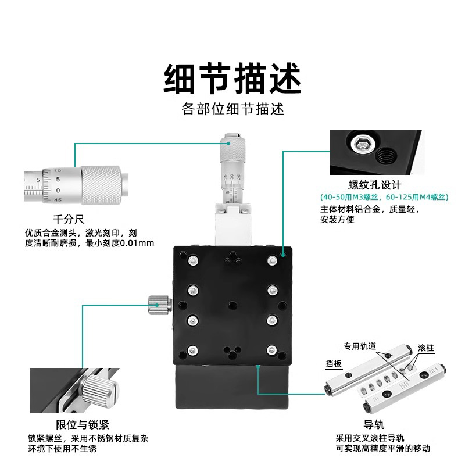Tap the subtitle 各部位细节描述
click(232, 109)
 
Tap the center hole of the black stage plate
click(233, 303)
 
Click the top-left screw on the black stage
click(191, 260)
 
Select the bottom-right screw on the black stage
click(271, 349)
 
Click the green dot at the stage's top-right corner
click(283, 254)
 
